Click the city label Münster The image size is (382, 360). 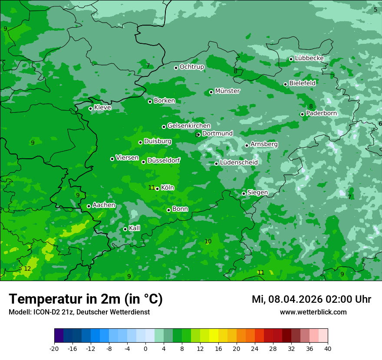click(x=227, y=91)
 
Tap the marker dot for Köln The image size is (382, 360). click(x=157, y=189)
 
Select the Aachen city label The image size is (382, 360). click(x=104, y=205)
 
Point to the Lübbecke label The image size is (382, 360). click(x=309, y=58)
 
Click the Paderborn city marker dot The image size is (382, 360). click(x=302, y=114)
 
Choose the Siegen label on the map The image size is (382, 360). click(x=257, y=193)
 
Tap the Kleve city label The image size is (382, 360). click(x=102, y=108)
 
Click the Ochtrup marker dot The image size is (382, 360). click(x=176, y=68)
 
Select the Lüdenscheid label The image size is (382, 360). click(x=239, y=163)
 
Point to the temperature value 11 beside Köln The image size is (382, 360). click(x=151, y=187)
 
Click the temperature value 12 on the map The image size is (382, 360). click(x=27, y=268)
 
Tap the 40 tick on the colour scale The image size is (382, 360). click(x=328, y=348)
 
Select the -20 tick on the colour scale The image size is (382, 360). click(x=54, y=348)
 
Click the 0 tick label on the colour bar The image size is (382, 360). click(x=145, y=348)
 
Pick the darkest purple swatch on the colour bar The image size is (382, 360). click(x=59, y=336)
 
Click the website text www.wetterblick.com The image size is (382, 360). click(x=313, y=312)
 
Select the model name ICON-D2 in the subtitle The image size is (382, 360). click(x=44, y=312)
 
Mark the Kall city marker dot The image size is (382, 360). click(x=125, y=229)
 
